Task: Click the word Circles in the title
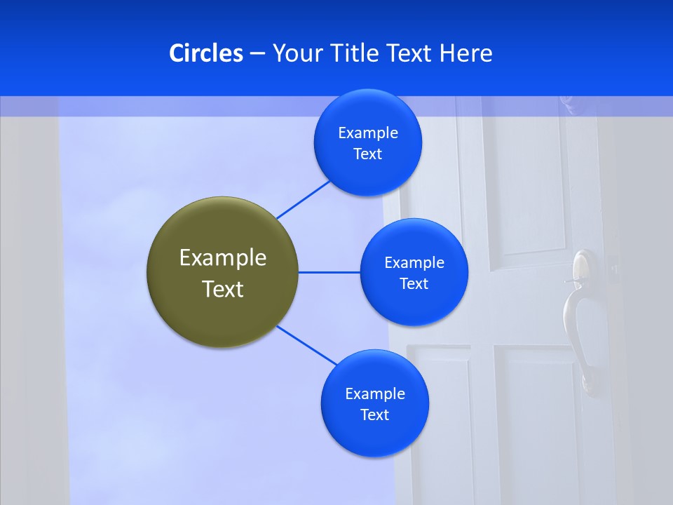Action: pos(206,53)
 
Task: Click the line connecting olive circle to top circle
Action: pos(304,199)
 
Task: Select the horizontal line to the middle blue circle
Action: pos(329,272)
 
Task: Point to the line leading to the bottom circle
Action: pos(307,345)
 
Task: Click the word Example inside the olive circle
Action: pos(222,258)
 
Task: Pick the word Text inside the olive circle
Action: pos(222,289)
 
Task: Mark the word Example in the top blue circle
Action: pos(368,133)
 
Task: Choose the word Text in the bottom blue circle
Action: pos(375,415)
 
